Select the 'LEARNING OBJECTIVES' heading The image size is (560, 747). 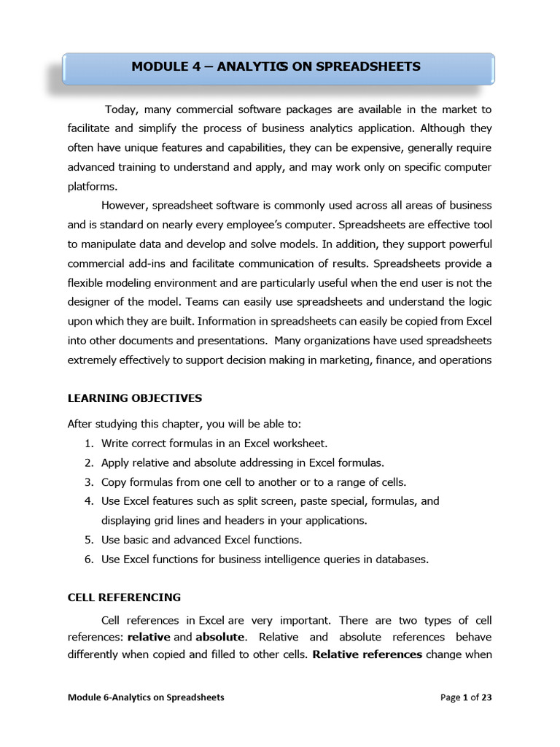[135, 398]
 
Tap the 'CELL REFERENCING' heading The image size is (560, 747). [124, 597]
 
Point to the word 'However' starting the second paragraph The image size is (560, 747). [125, 205]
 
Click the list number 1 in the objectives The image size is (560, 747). [88, 444]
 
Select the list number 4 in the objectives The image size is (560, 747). [88, 501]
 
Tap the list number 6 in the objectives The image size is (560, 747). [88, 560]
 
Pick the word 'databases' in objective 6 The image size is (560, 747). [403, 560]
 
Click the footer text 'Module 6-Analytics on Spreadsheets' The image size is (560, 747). [146, 697]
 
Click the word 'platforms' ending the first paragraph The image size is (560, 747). [92, 186]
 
